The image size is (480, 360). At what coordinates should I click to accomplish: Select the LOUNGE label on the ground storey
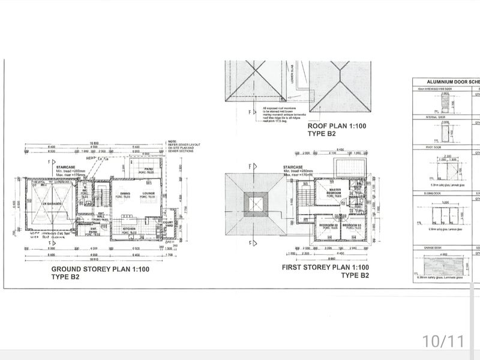point(148,194)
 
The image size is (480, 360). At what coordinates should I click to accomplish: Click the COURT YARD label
point(168,224)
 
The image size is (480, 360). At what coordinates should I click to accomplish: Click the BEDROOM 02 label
point(328,225)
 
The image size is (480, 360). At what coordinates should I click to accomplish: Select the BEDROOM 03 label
point(351,225)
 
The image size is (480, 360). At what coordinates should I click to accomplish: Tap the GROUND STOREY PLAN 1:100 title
point(101,269)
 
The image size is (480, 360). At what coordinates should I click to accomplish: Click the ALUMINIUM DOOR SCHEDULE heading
point(449,82)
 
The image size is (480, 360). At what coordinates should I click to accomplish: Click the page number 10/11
point(443,341)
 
